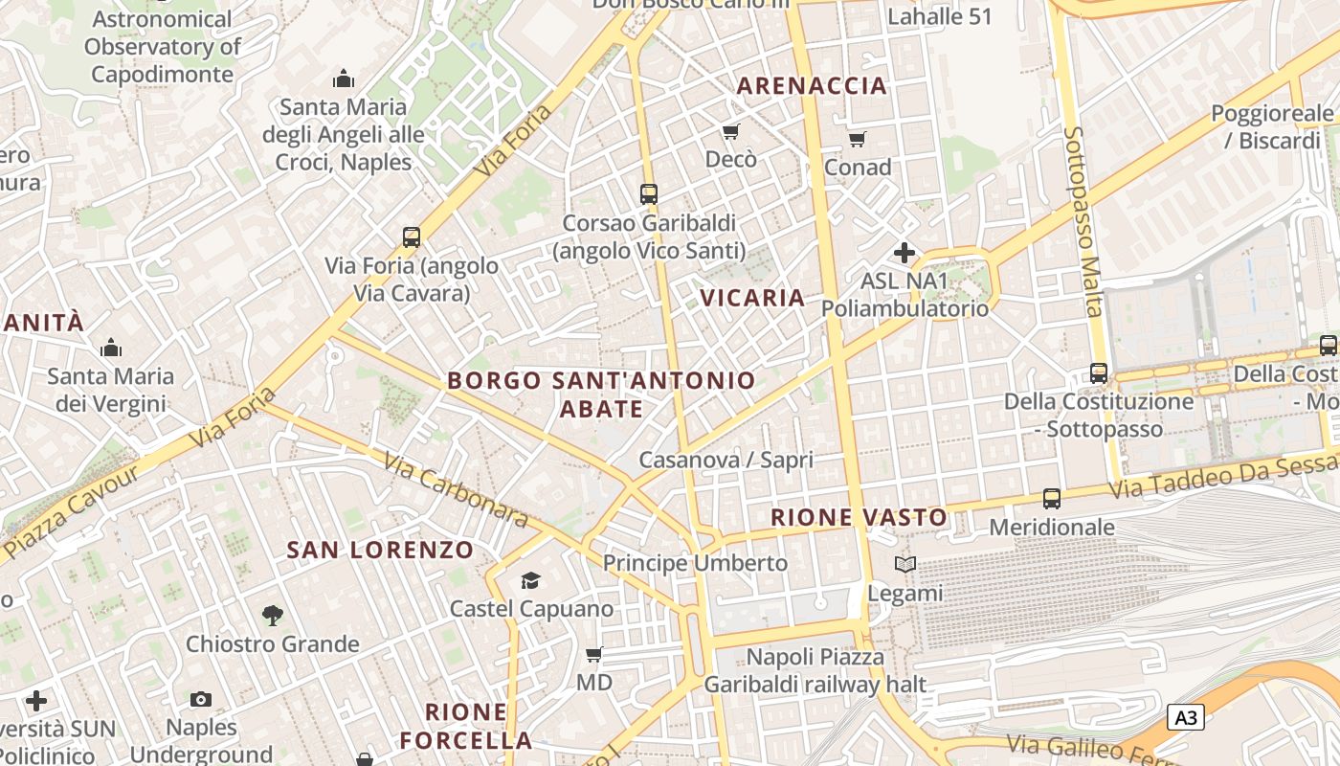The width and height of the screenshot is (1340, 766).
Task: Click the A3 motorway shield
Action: point(1185,716)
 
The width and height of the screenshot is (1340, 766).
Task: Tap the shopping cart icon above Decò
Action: point(731,131)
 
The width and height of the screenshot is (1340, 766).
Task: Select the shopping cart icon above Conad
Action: point(857,139)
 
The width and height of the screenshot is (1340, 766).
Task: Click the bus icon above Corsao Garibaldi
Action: point(648,193)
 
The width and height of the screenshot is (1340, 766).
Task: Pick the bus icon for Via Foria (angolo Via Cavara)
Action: point(412,237)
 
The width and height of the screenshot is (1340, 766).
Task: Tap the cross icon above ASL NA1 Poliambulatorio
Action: point(904,253)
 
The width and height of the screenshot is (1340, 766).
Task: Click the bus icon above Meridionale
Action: point(1051,498)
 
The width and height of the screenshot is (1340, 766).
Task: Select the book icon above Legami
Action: point(904,564)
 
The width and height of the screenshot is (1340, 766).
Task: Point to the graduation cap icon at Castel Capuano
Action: point(530,580)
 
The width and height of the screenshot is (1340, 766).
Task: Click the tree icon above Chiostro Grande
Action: point(273,615)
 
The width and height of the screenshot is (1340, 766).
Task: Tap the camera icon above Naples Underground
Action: point(201,699)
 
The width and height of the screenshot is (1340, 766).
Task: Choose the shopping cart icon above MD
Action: point(593,655)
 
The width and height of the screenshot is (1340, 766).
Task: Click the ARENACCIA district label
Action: point(812,85)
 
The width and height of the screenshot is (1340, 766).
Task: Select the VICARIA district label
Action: point(752,298)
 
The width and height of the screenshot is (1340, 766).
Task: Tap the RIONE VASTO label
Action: point(859,518)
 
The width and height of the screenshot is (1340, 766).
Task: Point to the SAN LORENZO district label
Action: point(380,550)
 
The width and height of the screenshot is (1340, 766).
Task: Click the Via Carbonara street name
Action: point(456,489)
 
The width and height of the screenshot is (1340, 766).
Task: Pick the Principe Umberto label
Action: point(695,563)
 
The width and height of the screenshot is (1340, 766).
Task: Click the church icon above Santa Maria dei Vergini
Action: point(111,347)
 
